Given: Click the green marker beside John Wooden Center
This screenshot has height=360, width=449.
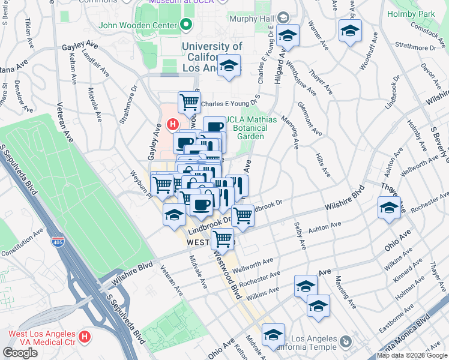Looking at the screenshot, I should point(186,26).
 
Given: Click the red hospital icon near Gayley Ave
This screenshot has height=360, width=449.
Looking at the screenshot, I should point(172,124).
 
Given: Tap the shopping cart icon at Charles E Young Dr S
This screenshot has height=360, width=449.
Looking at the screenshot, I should point(190,101).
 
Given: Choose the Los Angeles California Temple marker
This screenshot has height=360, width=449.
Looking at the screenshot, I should point(345,341).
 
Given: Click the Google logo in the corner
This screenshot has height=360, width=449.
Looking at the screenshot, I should point(20,353).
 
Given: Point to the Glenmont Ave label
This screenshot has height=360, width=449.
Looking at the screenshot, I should point(313,123).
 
